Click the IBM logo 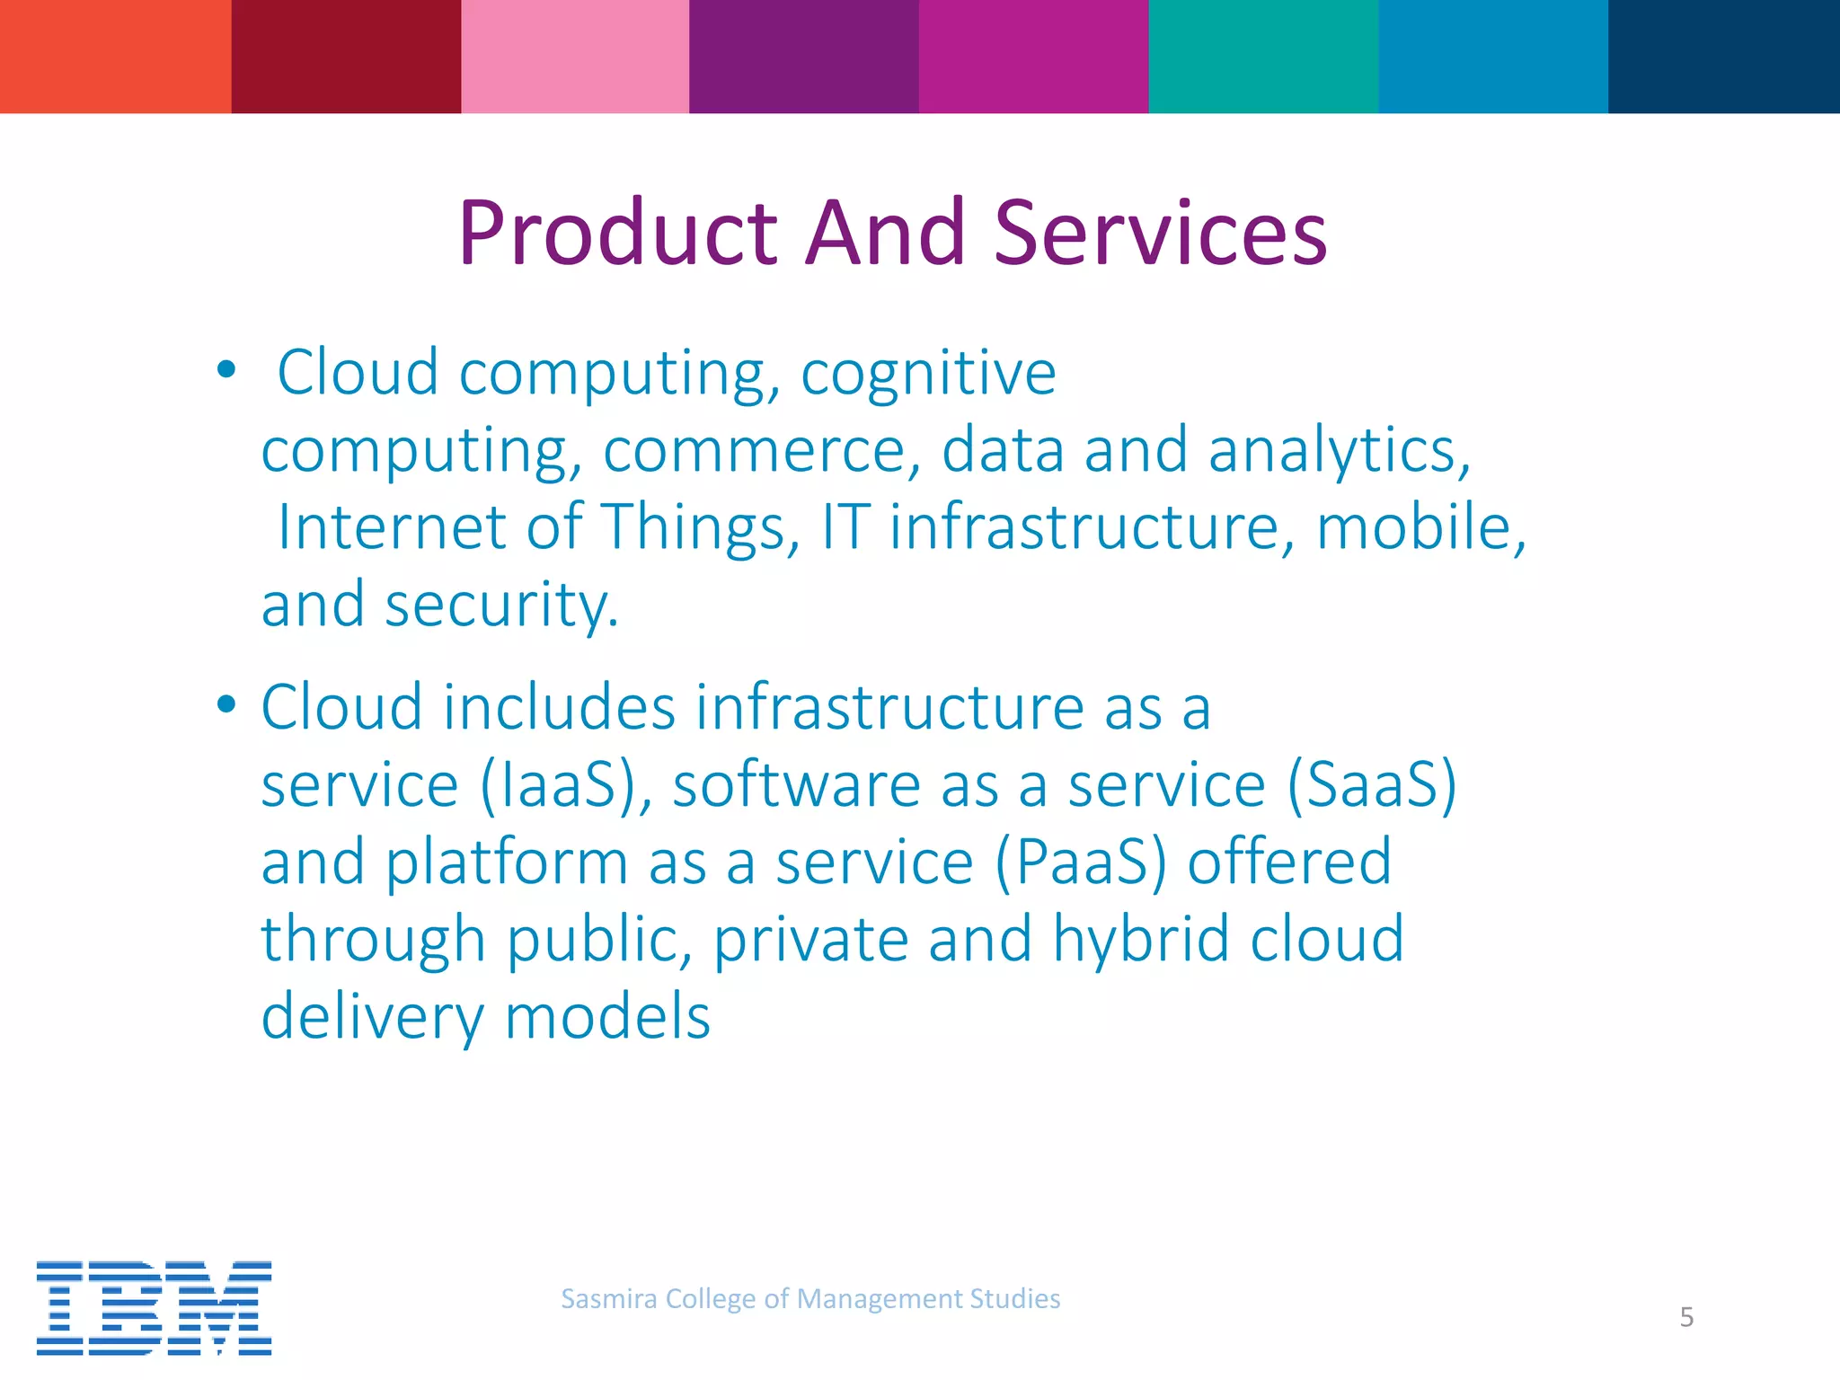point(154,1307)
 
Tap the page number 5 point(1686,1317)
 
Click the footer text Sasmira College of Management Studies point(810,1299)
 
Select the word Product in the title point(617,233)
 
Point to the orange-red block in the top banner point(115,56)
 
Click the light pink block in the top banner point(575,56)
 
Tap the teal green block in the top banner point(1263,56)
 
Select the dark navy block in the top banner point(1723,56)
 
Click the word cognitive point(928,374)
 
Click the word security point(501,605)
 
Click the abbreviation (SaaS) point(1371,785)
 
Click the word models point(607,1017)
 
